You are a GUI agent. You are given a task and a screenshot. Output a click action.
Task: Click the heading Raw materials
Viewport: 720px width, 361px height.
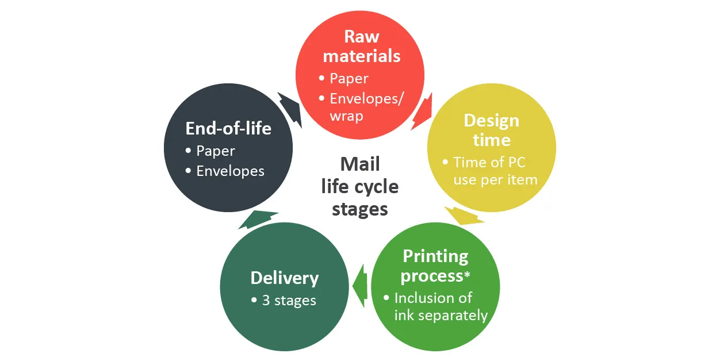tap(362, 46)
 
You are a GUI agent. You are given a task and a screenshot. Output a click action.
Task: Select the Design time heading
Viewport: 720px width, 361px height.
tap(492, 130)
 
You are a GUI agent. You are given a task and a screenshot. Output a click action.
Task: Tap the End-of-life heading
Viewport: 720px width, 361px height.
tap(228, 128)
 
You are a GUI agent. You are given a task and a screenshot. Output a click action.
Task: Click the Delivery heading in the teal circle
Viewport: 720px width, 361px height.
tap(285, 278)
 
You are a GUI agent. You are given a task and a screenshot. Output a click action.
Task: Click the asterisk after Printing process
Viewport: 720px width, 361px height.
tap(467, 274)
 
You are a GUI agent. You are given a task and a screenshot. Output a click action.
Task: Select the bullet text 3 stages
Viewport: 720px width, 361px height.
tap(289, 301)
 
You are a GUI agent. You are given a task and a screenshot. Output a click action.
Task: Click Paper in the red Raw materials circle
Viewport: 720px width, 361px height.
tap(349, 79)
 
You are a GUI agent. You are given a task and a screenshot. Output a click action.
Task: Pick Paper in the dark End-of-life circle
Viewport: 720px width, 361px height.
tap(216, 151)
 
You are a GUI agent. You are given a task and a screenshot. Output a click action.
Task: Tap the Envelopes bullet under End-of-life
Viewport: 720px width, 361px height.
tap(231, 171)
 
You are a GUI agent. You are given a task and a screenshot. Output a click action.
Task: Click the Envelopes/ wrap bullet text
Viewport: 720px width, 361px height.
tap(366, 107)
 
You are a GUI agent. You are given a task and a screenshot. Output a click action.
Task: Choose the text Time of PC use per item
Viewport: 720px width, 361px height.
tap(495, 171)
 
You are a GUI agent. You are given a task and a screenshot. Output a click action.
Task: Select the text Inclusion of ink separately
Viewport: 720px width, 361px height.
tap(441, 307)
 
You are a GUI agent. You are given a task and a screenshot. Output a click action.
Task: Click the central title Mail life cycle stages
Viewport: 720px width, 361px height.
tap(360, 187)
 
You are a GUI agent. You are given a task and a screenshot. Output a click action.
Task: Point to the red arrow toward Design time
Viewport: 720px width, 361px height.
tap(422, 112)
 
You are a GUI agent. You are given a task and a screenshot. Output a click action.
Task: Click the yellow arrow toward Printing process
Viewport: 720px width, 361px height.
tap(465, 216)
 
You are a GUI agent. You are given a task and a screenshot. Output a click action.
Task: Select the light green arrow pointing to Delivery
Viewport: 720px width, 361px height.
tap(361, 286)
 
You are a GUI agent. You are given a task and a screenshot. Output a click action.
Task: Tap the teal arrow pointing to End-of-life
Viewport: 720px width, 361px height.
tap(258, 220)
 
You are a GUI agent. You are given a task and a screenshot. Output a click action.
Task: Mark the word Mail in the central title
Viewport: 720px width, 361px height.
tap(360, 164)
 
